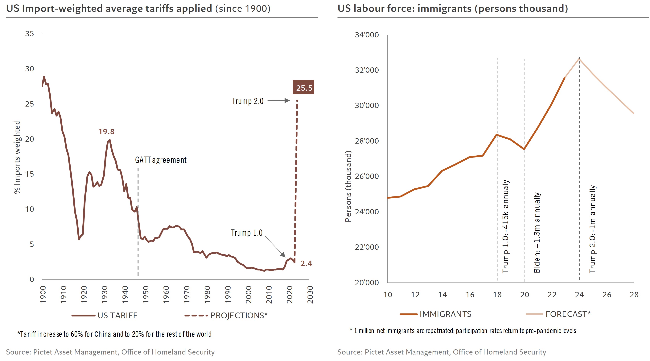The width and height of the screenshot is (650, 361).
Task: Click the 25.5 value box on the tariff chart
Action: pyautogui.click(x=303, y=87)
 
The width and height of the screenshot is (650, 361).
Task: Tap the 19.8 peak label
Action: pyautogui.click(x=106, y=132)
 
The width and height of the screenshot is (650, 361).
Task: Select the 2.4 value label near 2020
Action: pyautogui.click(x=306, y=263)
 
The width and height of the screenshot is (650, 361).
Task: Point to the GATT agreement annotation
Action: pyautogui.click(x=161, y=160)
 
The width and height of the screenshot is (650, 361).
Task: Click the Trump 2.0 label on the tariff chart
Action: pyautogui.click(x=248, y=101)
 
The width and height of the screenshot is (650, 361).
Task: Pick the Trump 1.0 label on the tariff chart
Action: pyautogui.click(x=247, y=233)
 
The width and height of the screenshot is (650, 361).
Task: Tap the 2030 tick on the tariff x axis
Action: pyautogui.click(x=310, y=295)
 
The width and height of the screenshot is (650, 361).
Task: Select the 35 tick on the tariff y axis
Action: pyautogui.click(x=30, y=34)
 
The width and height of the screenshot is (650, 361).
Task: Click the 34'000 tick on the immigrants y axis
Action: pyautogui.click(x=367, y=35)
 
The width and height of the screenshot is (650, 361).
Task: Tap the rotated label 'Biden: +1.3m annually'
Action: pyautogui.click(x=537, y=232)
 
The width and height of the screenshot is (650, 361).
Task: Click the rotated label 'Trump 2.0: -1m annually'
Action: pyautogui.click(x=592, y=229)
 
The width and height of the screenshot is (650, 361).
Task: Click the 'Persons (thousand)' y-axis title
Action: pyautogui.click(x=348, y=186)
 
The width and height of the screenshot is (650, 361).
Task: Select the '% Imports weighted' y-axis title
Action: pyautogui.click(x=17, y=157)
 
